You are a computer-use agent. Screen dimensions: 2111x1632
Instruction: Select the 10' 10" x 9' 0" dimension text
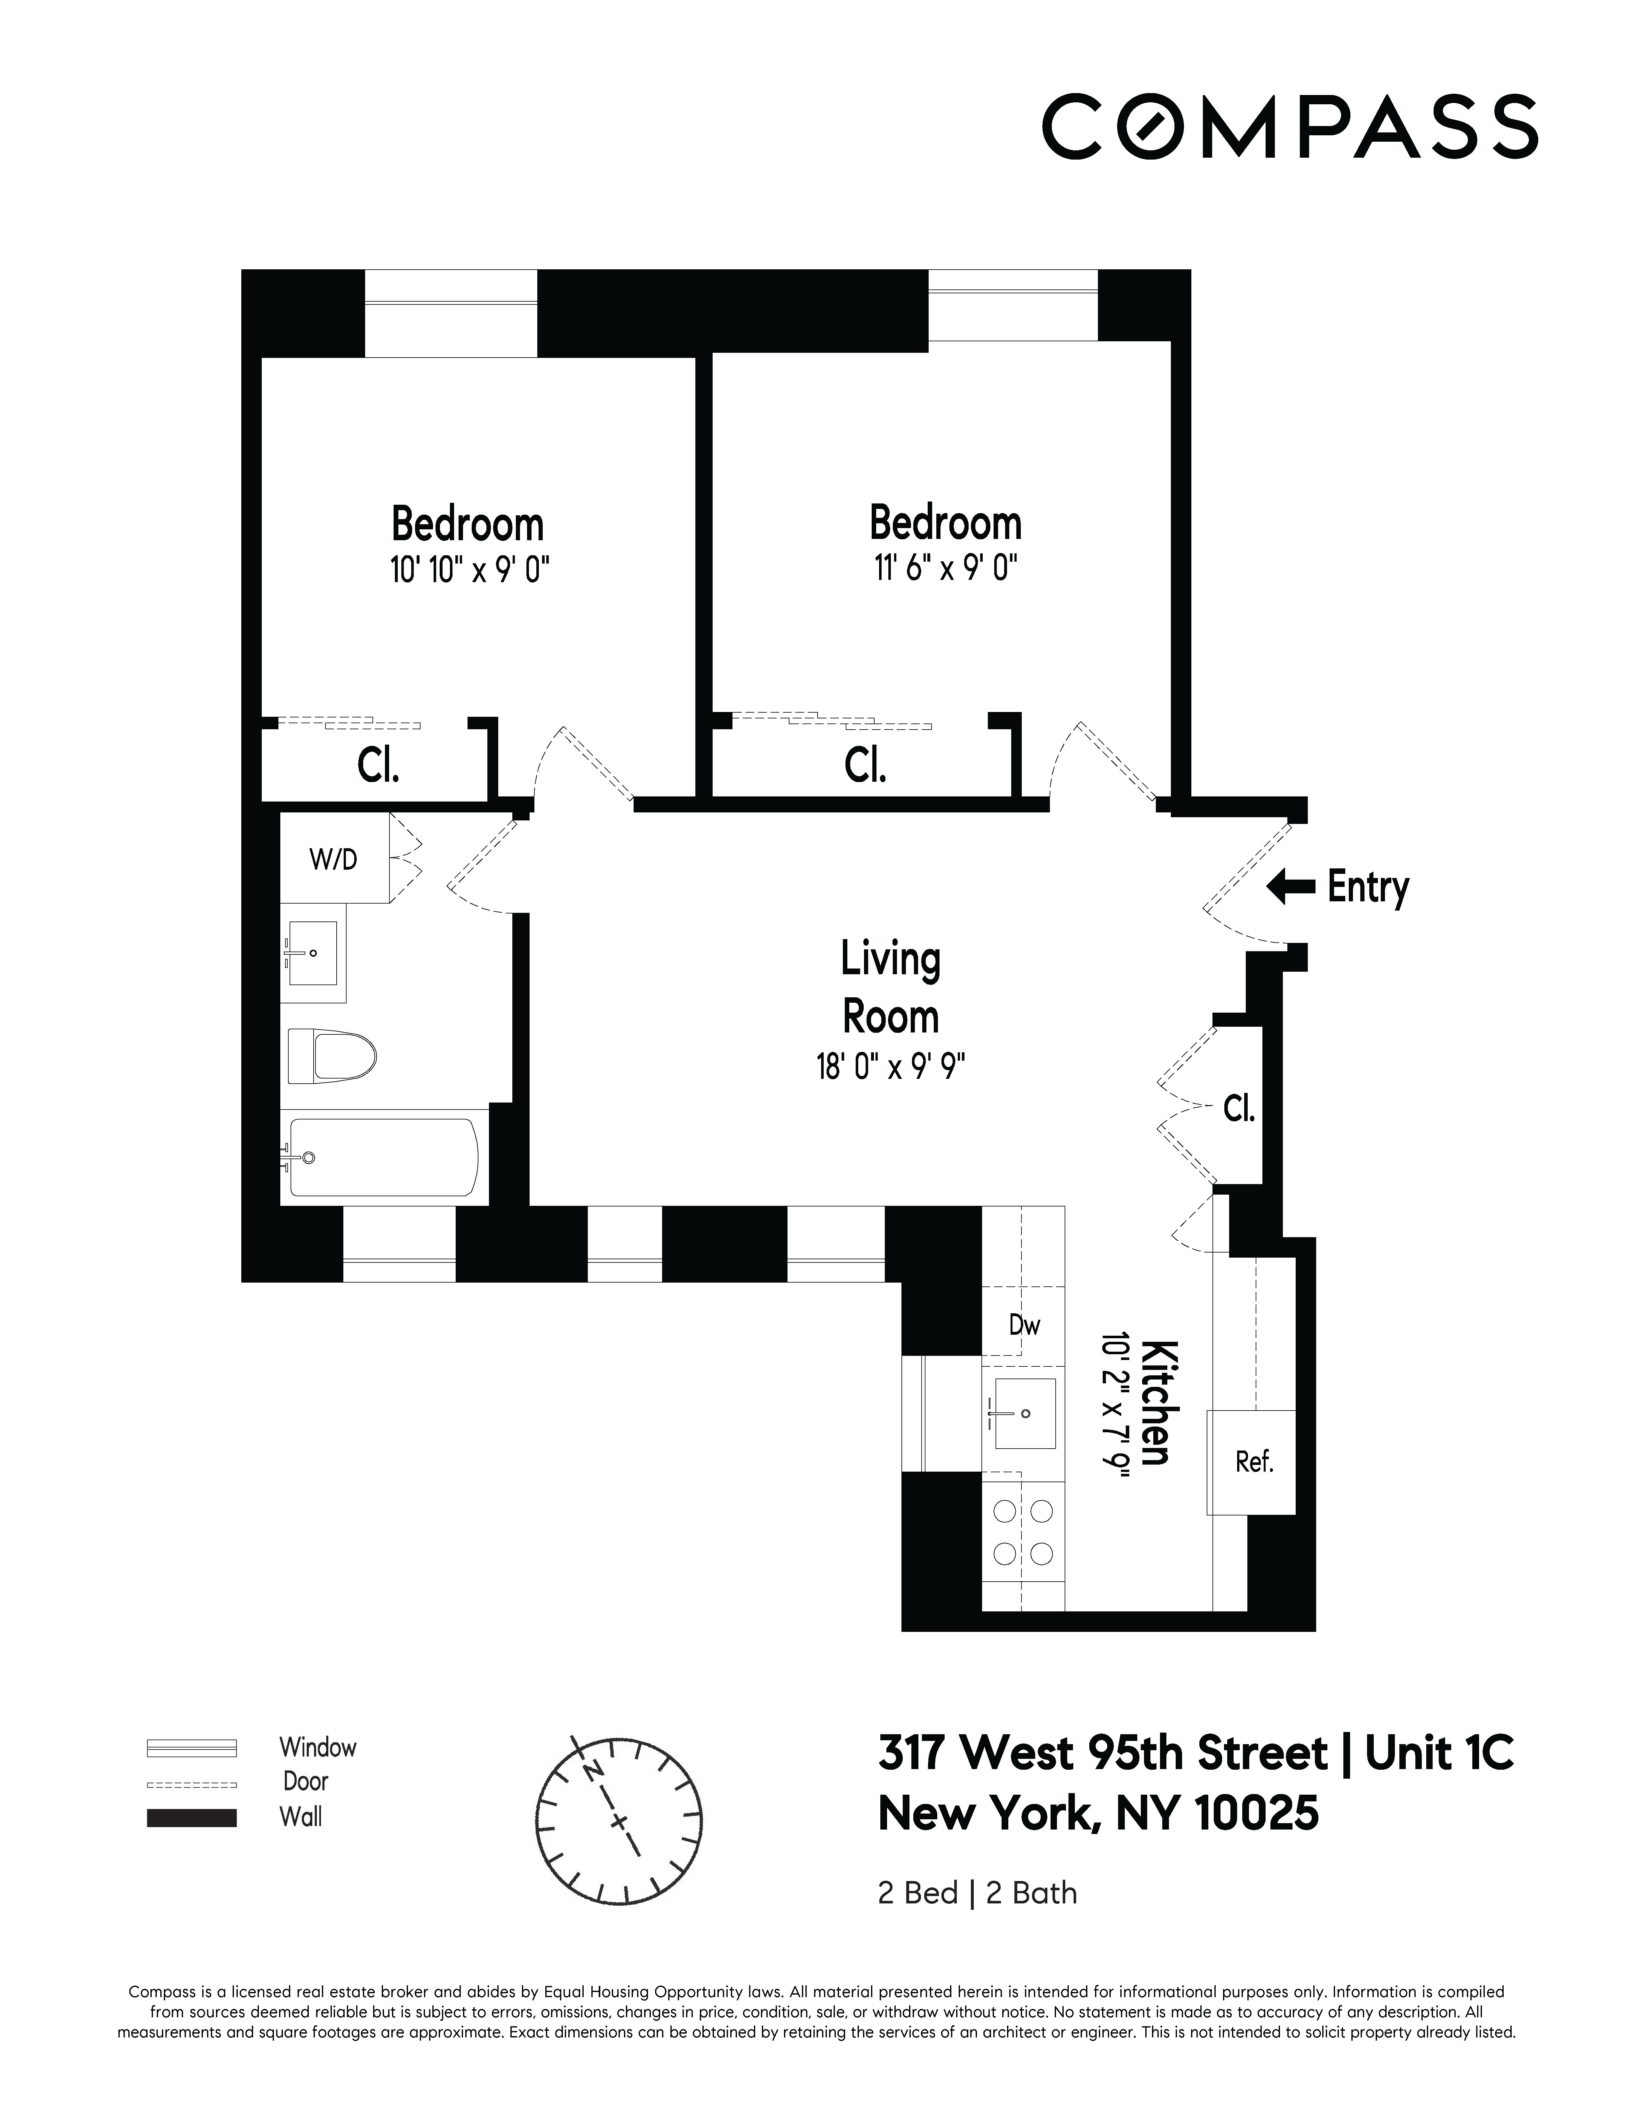(x=470, y=570)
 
